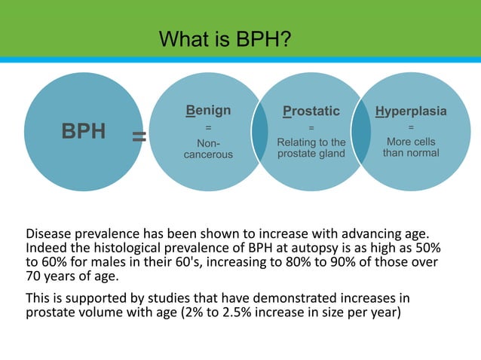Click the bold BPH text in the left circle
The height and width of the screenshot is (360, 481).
click(x=83, y=132)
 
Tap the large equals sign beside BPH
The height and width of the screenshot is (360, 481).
click(x=139, y=136)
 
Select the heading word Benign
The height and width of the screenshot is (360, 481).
click(x=208, y=111)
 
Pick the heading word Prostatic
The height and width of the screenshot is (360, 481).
click(x=311, y=111)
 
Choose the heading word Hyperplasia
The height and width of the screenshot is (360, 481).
click(x=410, y=111)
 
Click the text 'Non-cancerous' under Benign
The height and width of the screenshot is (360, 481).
click(x=208, y=148)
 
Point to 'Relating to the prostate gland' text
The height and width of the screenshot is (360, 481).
click(x=311, y=148)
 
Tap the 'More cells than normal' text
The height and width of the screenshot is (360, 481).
click(x=410, y=147)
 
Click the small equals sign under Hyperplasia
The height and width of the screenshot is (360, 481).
click(x=410, y=127)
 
